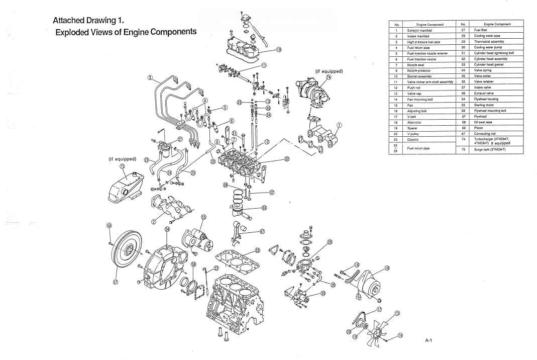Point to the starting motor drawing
(x=199, y=240)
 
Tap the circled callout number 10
(x=279, y=49)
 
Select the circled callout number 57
(x=116, y=282)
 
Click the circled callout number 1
(x=340, y=126)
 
